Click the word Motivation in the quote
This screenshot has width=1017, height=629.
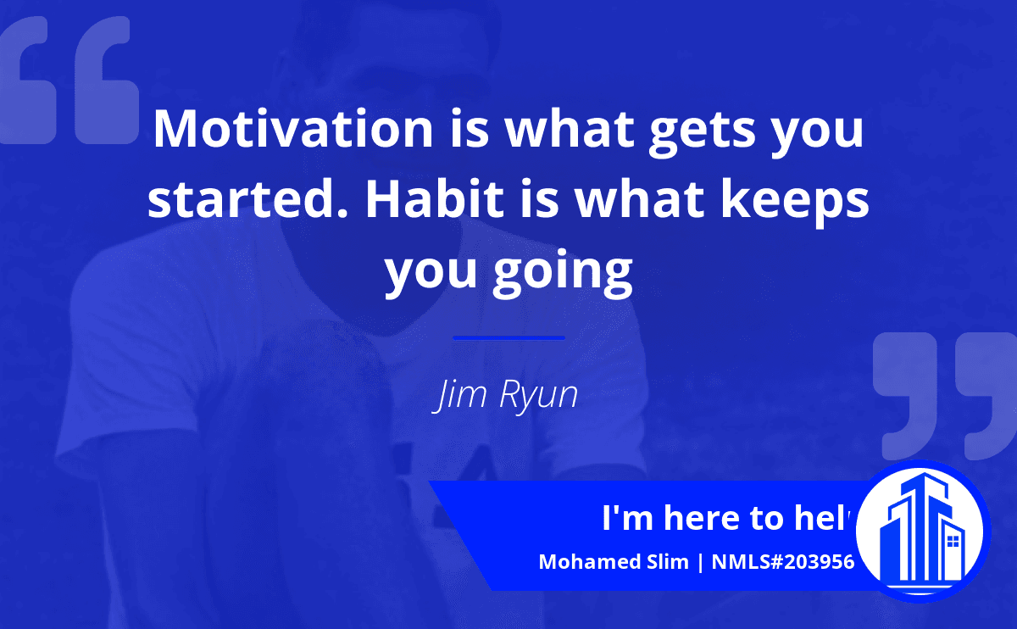pos(294,129)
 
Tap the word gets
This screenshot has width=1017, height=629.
pos(703,132)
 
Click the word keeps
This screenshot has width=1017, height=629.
pos(795,203)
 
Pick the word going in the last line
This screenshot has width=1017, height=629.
pos(563,274)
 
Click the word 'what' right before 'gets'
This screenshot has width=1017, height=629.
pos(570,129)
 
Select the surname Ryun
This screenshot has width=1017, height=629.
pos(539,396)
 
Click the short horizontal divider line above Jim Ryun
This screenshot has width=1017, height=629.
pos(509,338)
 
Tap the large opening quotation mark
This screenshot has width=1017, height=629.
pos(69,81)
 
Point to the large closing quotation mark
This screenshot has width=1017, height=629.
pos(945,396)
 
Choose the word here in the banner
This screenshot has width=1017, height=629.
pos(701,518)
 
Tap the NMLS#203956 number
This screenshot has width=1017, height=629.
pos(783,562)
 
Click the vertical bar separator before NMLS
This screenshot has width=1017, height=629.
pos(700,562)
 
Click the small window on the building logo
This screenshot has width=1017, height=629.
pos(953,542)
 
